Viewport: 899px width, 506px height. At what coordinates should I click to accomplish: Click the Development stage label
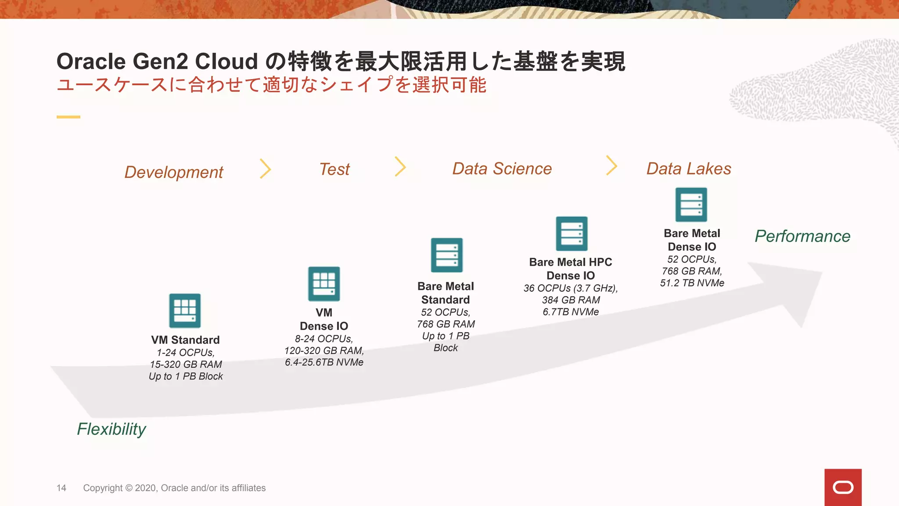click(174, 172)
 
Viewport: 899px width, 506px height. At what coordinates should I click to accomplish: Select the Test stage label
click(334, 169)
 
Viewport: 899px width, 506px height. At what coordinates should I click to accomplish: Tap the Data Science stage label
click(502, 169)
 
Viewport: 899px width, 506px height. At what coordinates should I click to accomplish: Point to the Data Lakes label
click(689, 169)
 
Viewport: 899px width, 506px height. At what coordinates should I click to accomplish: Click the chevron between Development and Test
click(266, 169)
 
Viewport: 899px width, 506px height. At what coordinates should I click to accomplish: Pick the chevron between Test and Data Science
click(400, 166)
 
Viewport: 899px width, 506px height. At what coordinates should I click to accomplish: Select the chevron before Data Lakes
click(611, 165)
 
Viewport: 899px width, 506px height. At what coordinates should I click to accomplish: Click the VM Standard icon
click(185, 311)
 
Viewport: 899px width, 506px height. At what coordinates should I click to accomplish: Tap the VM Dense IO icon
click(324, 284)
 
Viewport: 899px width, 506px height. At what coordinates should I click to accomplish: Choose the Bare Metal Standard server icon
click(446, 255)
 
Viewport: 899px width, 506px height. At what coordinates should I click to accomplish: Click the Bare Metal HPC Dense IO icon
click(572, 234)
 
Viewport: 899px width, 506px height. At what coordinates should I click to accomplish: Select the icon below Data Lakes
click(691, 205)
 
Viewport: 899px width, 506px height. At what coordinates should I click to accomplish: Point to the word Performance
click(802, 236)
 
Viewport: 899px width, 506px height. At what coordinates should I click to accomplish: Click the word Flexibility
click(111, 429)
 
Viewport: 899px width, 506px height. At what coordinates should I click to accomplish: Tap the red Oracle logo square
click(843, 487)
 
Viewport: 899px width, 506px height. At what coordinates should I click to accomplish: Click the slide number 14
click(61, 488)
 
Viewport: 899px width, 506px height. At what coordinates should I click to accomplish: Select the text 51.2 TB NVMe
click(692, 283)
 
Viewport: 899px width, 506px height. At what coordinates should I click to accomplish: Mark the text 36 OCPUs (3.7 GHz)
click(570, 288)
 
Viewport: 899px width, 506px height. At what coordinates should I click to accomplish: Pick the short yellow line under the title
click(68, 117)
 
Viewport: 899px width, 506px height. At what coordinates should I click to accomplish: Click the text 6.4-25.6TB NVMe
click(324, 362)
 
